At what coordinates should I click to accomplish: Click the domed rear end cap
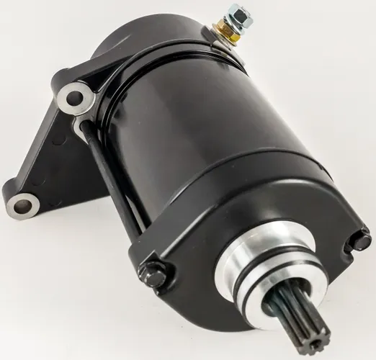point(144,43)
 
